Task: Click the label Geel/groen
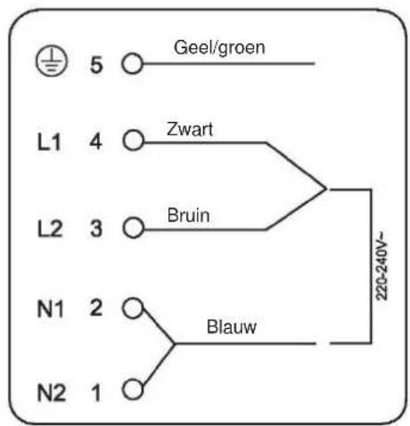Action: tap(219, 48)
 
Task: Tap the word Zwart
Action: tap(190, 129)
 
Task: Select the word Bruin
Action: tap(189, 216)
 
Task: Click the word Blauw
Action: tap(232, 327)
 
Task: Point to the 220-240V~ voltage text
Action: tap(382, 266)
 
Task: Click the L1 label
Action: tap(49, 142)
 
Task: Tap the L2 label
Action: tap(50, 228)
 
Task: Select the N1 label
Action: tap(51, 309)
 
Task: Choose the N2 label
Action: tap(52, 393)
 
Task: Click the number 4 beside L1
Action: tap(96, 142)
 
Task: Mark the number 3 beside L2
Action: tap(96, 229)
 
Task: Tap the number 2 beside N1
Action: tap(96, 307)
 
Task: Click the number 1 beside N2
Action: tap(96, 393)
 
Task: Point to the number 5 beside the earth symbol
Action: tap(96, 65)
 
